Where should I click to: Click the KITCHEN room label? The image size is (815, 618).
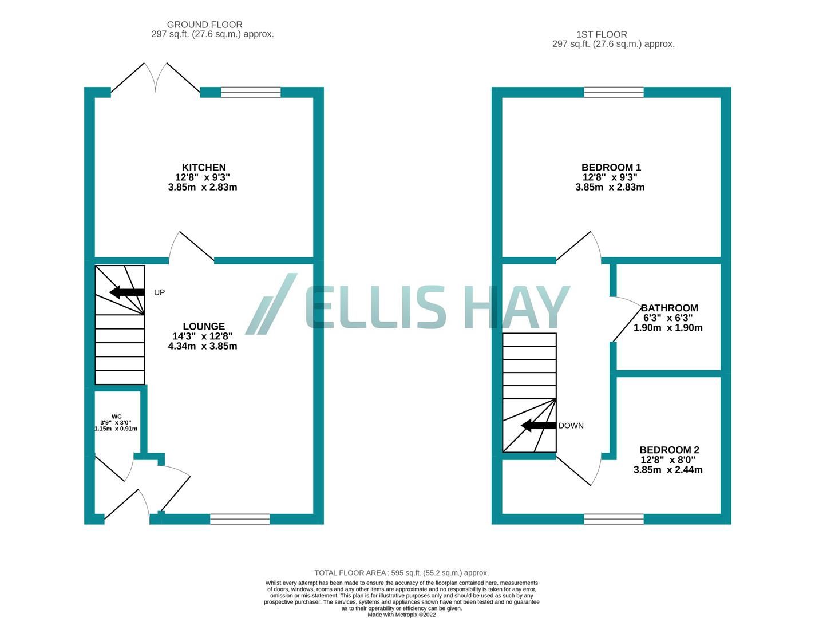[203, 168]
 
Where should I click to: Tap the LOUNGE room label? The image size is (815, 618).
[203, 327]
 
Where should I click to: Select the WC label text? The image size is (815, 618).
[116, 417]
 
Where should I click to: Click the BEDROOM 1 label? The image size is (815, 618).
[611, 168]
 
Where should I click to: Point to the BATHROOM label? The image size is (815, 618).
[669, 308]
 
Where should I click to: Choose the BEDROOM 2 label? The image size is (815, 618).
[669, 450]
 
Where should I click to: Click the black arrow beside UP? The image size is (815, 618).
[126, 292]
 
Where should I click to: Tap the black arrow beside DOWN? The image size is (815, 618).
[538, 425]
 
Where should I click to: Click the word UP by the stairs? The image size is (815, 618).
[159, 292]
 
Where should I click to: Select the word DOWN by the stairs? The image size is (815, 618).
[571, 426]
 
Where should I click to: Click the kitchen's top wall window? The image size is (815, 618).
[251, 92]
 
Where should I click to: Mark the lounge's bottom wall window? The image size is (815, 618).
[240, 519]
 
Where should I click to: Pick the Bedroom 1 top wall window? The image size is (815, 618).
[614, 92]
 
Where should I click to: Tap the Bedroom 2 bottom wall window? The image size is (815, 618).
[614, 519]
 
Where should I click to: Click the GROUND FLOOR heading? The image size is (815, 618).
[204, 25]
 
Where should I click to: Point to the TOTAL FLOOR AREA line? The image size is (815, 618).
[401, 573]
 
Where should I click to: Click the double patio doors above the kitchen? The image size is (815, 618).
[155, 77]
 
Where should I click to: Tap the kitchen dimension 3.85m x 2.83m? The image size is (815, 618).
[203, 187]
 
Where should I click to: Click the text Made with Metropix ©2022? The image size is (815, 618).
[401, 615]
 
